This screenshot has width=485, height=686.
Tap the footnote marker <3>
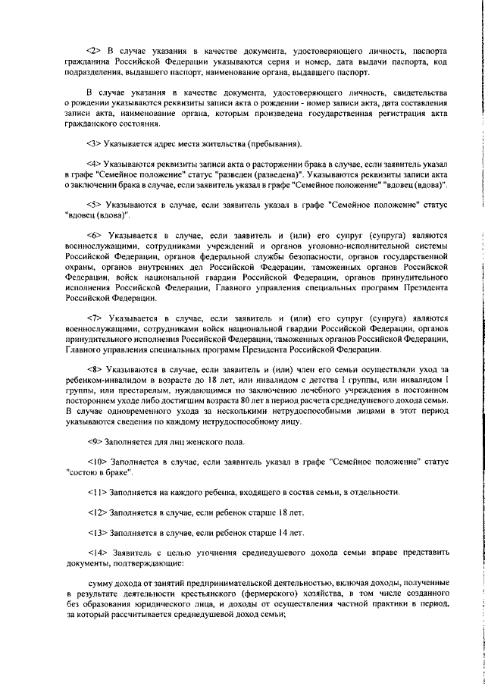point(99,144)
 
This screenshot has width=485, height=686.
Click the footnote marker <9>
point(99,442)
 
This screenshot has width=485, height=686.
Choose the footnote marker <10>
point(102,462)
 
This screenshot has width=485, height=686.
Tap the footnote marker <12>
point(102,513)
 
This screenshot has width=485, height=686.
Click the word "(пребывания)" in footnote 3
point(274,144)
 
